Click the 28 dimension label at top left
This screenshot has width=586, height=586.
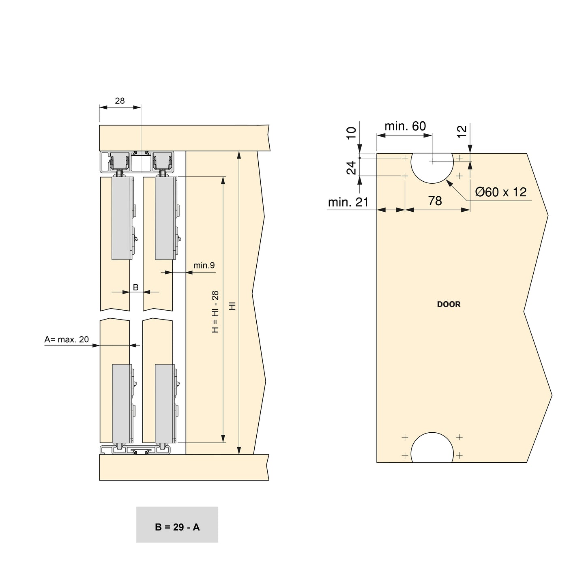(120, 101)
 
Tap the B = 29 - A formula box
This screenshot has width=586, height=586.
(177, 527)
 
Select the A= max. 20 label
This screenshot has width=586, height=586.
(67, 339)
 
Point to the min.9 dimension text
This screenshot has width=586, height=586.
(204, 266)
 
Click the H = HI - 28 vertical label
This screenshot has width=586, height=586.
(215, 312)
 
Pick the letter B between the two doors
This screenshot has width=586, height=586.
(136, 287)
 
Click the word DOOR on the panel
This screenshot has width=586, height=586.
(449, 304)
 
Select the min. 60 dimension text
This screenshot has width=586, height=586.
(405, 126)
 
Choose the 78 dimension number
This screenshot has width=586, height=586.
(435, 201)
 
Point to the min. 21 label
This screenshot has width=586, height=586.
(348, 202)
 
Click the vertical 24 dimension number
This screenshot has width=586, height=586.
(352, 167)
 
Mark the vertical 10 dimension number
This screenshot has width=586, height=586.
(352, 133)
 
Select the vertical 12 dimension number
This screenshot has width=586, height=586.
(462, 132)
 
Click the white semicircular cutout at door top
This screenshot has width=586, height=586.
(432, 166)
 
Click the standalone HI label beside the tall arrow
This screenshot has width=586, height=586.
(232, 306)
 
